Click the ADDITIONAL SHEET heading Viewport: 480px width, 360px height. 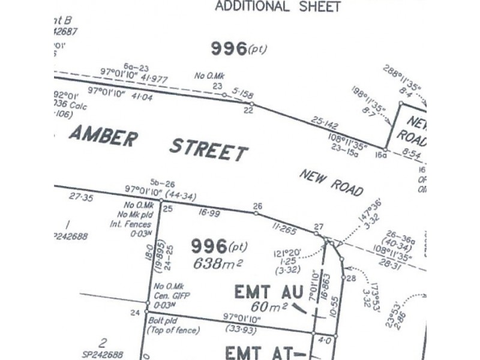click(x=277, y=7)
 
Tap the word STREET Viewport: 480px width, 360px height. click(x=208, y=148)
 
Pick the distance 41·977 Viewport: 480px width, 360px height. click(x=155, y=79)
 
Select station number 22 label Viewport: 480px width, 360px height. click(x=248, y=110)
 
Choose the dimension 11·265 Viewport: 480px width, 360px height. click(x=284, y=227)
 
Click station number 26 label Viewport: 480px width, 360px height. click(x=257, y=206)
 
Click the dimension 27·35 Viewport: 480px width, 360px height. click(x=81, y=197)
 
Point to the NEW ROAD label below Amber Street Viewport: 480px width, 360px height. click(x=331, y=182)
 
